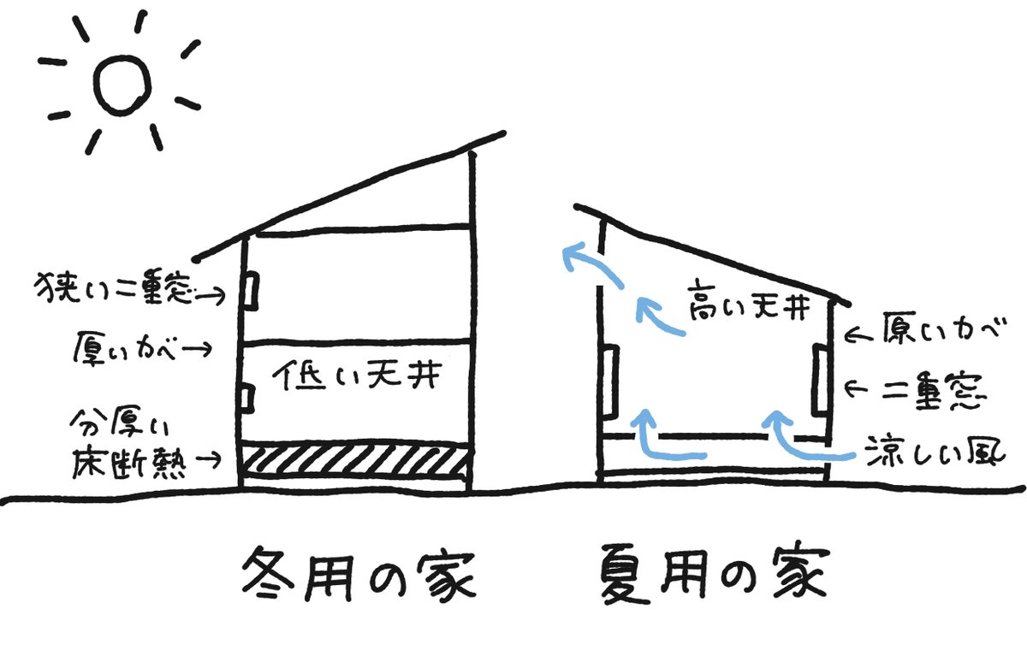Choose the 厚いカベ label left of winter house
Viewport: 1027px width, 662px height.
[128, 349]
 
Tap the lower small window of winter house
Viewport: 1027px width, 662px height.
[247, 398]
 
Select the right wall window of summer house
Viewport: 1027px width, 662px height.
[819, 381]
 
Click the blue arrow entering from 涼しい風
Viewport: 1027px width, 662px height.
[804, 440]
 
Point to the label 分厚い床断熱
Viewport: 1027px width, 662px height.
[128, 446]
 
